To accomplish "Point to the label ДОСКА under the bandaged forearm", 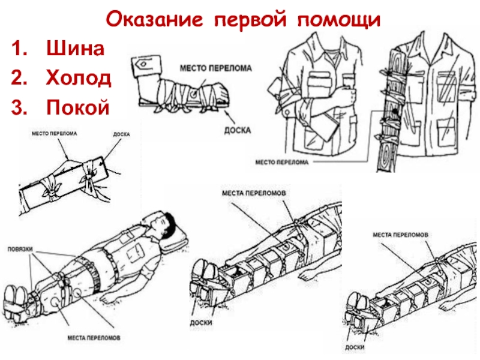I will click(x=239, y=130).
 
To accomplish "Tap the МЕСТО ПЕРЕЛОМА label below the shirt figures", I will click(x=283, y=162).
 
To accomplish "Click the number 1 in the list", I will click(x=20, y=49).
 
